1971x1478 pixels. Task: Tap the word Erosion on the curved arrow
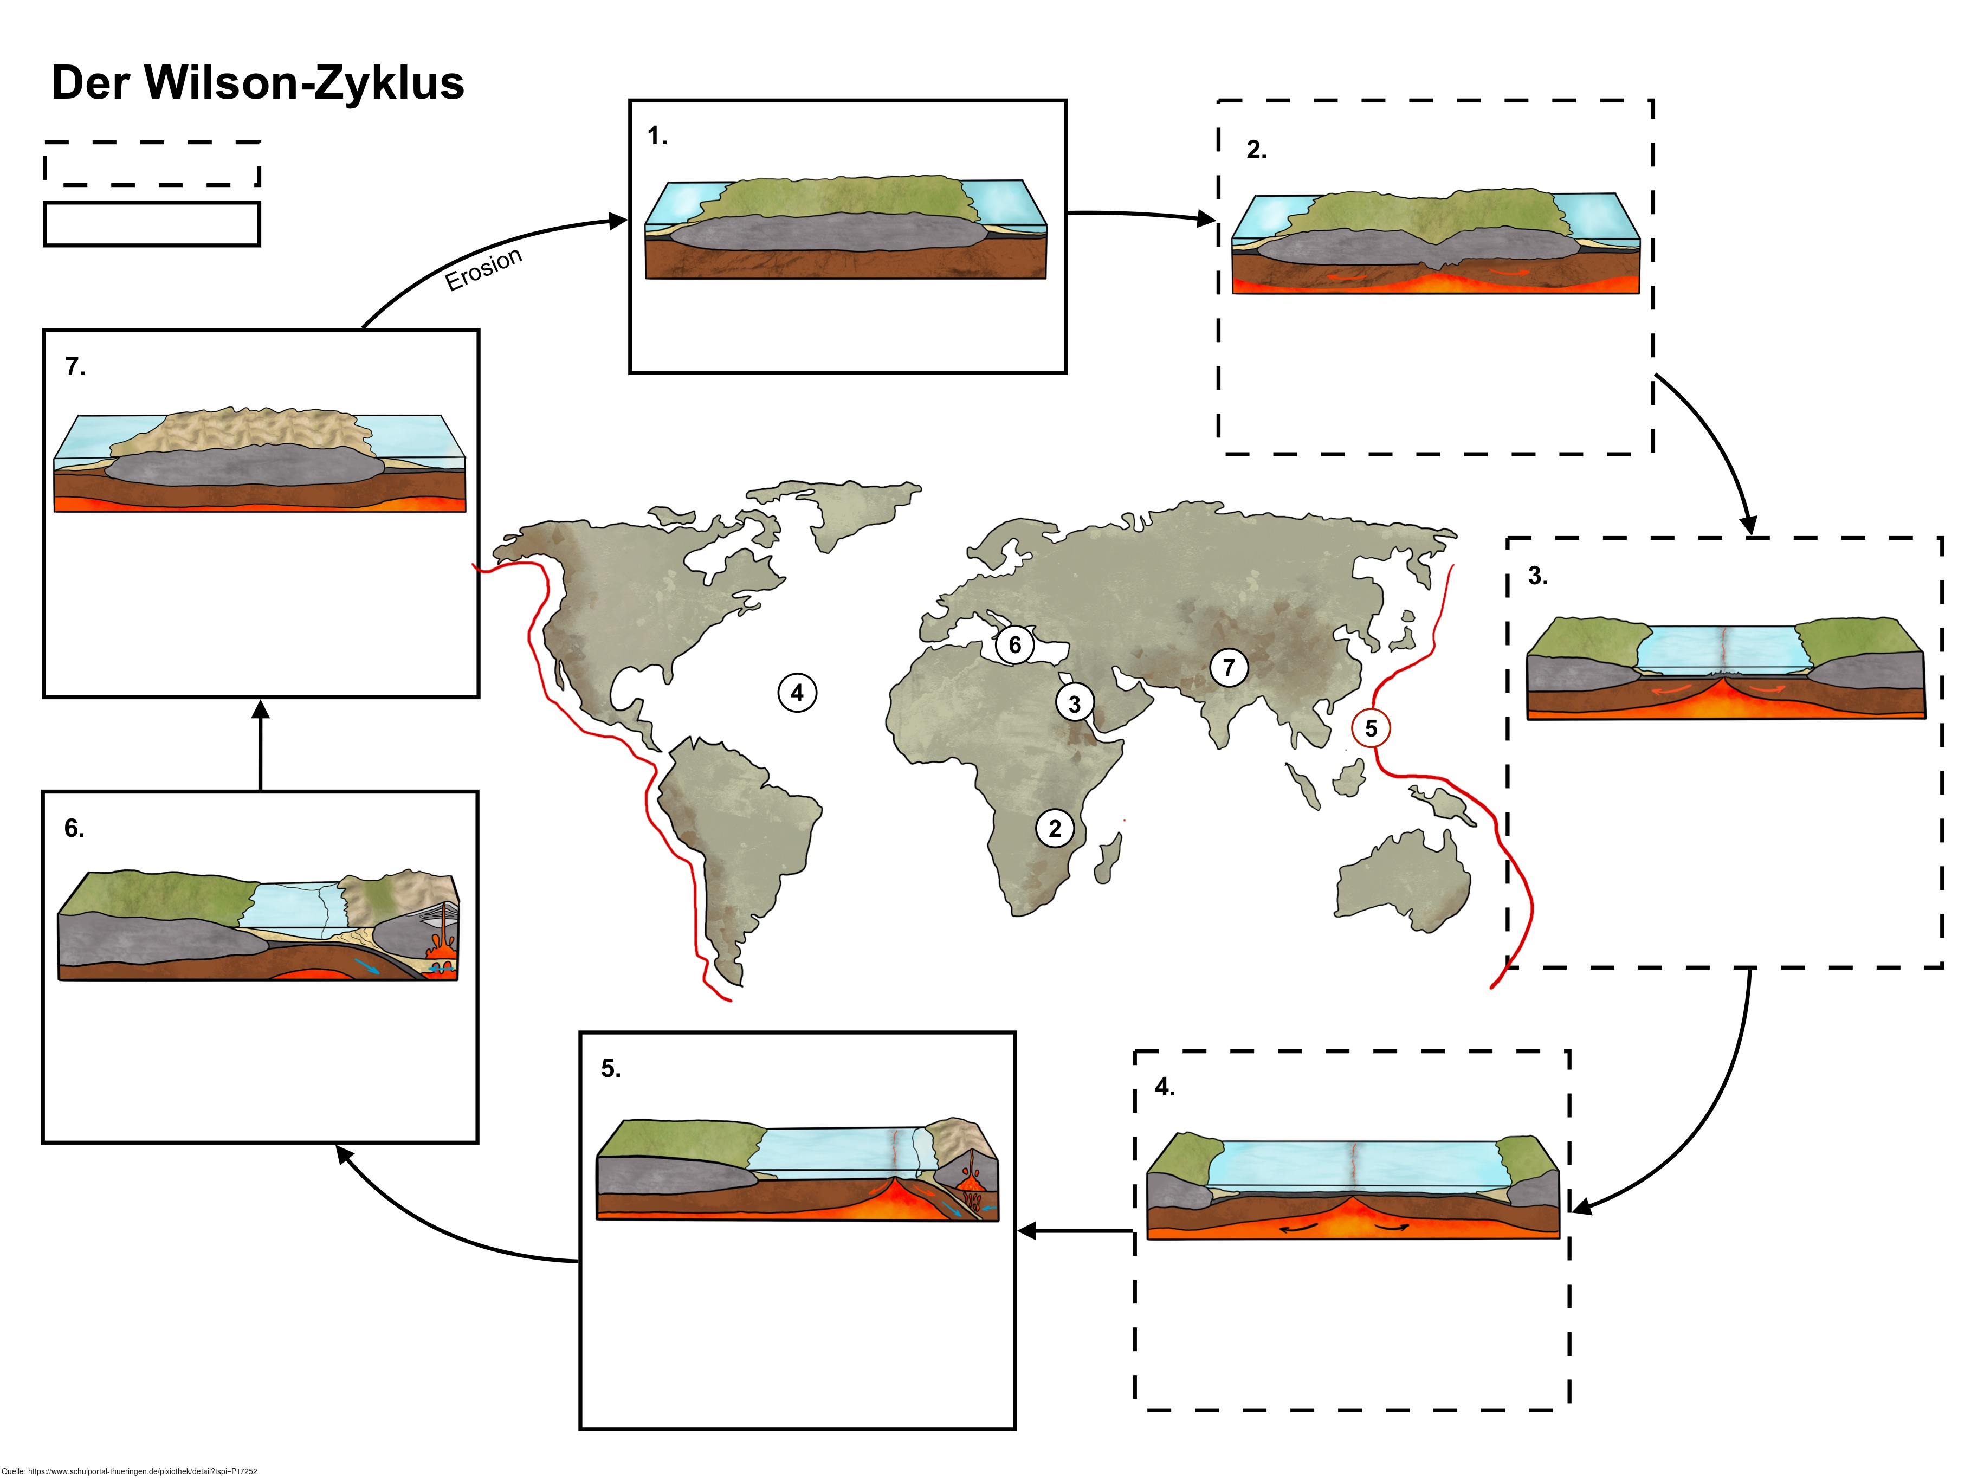[x=483, y=268]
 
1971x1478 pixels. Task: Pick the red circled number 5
[x=1371, y=728]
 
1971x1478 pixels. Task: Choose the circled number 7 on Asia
[x=1229, y=667]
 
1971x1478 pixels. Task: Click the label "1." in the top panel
[x=657, y=135]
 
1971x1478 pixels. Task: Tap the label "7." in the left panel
[x=76, y=366]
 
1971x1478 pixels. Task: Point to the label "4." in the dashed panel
[x=1165, y=1086]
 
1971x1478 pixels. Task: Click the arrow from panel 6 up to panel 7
[x=260, y=745]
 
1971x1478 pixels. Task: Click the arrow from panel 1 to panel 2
[x=1141, y=215]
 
